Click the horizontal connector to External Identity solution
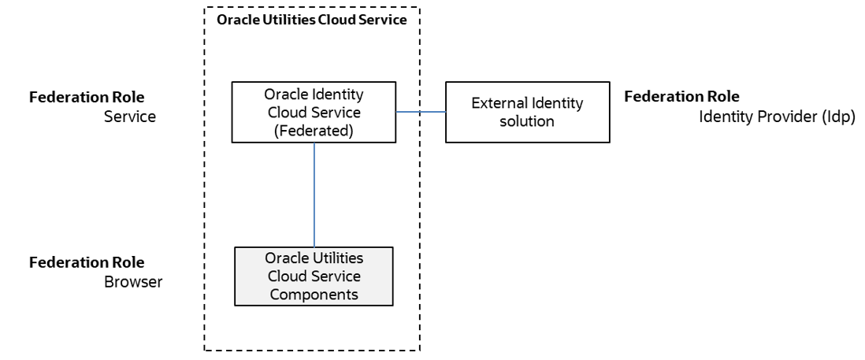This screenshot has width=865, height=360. [420, 112]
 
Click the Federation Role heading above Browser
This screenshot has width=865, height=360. [87, 262]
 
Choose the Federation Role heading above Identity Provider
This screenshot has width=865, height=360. [681, 97]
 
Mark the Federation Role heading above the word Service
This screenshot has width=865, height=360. [87, 98]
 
